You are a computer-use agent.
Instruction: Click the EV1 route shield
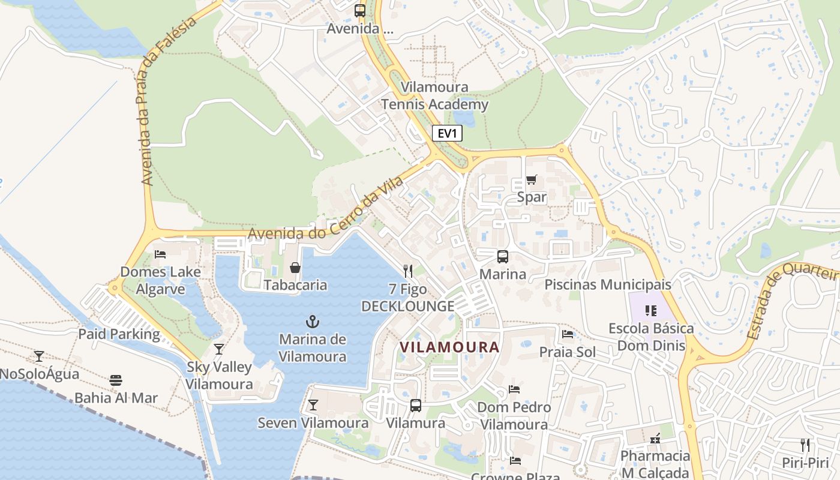click(447, 133)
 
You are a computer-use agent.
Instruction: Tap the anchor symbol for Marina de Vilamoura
click(313, 321)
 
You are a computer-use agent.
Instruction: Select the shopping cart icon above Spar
click(531, 179)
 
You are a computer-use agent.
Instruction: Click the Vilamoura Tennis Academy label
click(435, 96)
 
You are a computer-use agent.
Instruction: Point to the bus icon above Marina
click(503, 257)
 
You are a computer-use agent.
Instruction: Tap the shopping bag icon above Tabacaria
click(295, 268)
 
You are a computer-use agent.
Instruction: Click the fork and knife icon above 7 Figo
click(408, 271)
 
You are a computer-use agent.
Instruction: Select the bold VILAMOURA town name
click(449, 347)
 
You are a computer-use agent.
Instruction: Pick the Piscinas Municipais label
click(608, 284)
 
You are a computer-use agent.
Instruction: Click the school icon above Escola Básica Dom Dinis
click(651, 311)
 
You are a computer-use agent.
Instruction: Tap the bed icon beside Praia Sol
click(568, 334)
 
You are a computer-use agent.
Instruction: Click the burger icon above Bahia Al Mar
click(116, 380)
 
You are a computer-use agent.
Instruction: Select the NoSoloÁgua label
click(39, 374)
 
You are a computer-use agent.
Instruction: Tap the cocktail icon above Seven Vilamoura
click(313, 405)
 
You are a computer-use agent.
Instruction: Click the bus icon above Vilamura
click(415, 406)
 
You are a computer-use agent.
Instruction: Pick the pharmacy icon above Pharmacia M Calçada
click(655, 439)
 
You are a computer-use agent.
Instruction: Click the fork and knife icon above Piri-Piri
click(805, 445)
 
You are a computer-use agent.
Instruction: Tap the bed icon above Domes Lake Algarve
click(160, 254)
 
